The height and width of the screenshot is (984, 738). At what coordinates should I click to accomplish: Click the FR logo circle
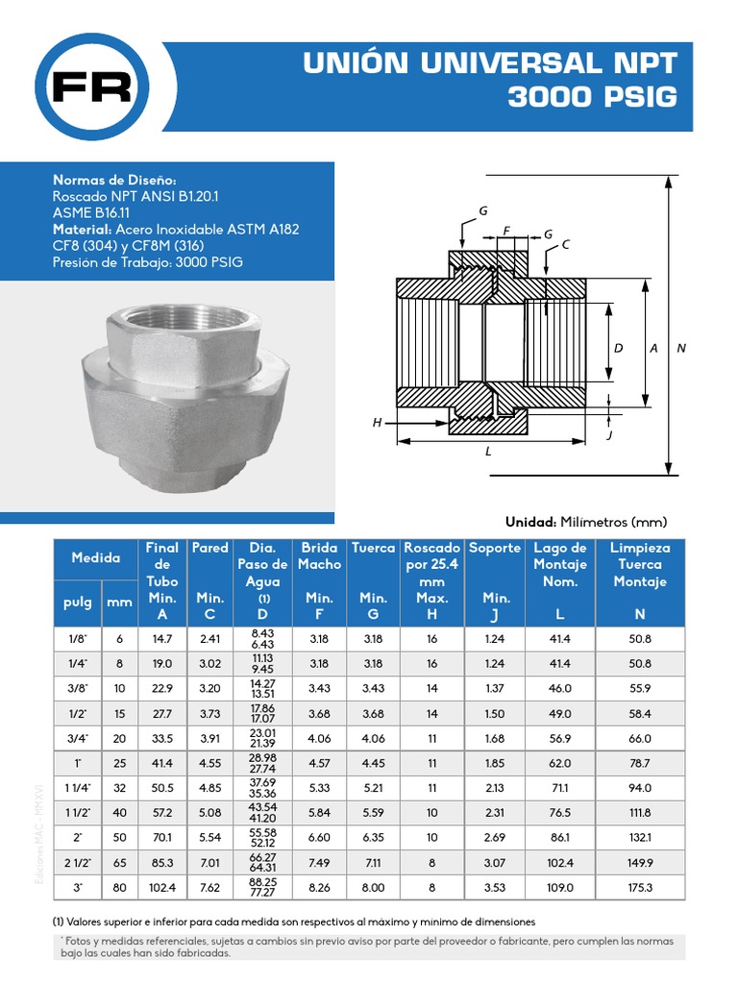pos(91,86)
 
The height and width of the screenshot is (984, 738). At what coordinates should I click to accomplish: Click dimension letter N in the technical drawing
pos(681,349)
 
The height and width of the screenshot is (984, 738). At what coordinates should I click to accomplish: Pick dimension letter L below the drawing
pos(488,450)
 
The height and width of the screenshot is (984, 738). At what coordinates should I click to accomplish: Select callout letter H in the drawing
pos(377,423)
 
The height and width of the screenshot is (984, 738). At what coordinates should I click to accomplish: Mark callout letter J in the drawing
pos(610,435)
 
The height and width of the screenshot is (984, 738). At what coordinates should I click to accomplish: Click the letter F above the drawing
pos(505,231)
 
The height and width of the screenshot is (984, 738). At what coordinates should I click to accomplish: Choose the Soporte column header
pos(494,548)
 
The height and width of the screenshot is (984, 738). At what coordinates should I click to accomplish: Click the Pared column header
pos(209,548)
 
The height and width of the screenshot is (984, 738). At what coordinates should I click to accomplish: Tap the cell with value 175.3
pos(640,888)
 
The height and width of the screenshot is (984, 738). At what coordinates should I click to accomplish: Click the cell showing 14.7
pos(161,639)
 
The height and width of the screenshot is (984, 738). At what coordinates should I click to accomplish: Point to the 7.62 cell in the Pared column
pos(209,888)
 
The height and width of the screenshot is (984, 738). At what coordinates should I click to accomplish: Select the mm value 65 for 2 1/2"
pos(120,863)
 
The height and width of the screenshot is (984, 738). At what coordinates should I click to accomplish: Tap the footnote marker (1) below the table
pos(59,921)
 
